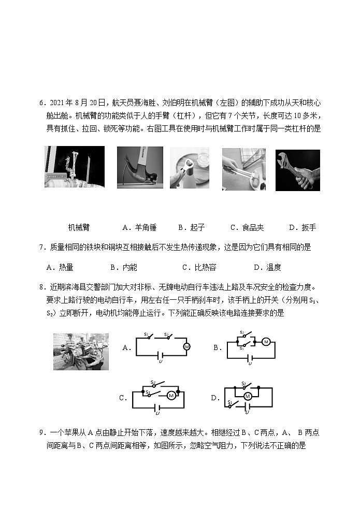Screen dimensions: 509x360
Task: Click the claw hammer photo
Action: (140, 168)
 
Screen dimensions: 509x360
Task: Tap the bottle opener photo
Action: (190, 168)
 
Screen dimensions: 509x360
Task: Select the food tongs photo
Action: (243, 169)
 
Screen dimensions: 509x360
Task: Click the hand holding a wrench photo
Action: (297, 170)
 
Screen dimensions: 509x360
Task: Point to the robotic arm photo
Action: (75, 166)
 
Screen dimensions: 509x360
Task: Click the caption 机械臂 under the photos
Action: (79, 227)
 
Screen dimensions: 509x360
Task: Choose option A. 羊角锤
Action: (139, 227)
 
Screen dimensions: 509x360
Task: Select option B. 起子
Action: (192, 227)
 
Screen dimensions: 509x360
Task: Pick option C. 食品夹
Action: (247, 227)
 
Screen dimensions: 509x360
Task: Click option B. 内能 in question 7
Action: (124, 267)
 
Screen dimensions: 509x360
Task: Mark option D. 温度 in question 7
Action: (267, 267)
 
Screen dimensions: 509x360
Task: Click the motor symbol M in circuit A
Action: (187, 346)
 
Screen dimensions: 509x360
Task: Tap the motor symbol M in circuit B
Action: (266, 342)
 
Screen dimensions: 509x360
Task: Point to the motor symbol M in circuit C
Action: (170, 396)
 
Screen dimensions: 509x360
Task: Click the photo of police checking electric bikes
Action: (81, 352)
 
